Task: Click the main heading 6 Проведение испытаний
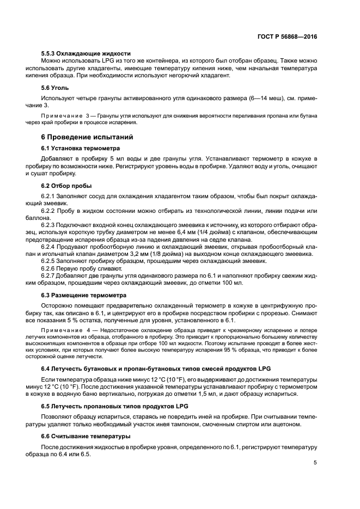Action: [87, 137]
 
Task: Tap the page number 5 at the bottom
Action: [315, 463]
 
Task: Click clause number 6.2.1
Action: [50, 195]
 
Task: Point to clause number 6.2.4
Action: [50, 246]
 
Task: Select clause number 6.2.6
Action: [50, 267]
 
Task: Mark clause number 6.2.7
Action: [50, 275]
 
